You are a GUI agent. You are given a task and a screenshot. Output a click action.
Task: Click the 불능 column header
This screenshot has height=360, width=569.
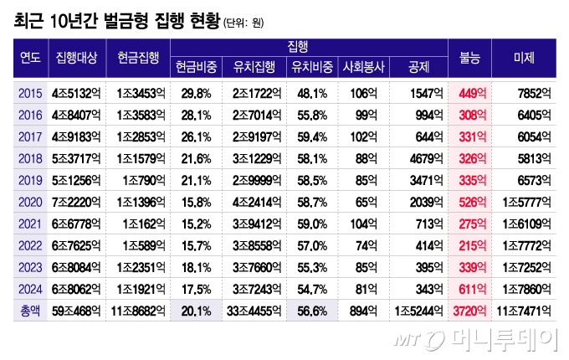(x=470, y=58)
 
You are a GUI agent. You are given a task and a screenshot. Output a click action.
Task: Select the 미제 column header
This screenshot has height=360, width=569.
(x=525, y=58)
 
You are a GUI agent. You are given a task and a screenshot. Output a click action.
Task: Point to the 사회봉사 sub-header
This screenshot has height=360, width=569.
(x=363, y=67)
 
